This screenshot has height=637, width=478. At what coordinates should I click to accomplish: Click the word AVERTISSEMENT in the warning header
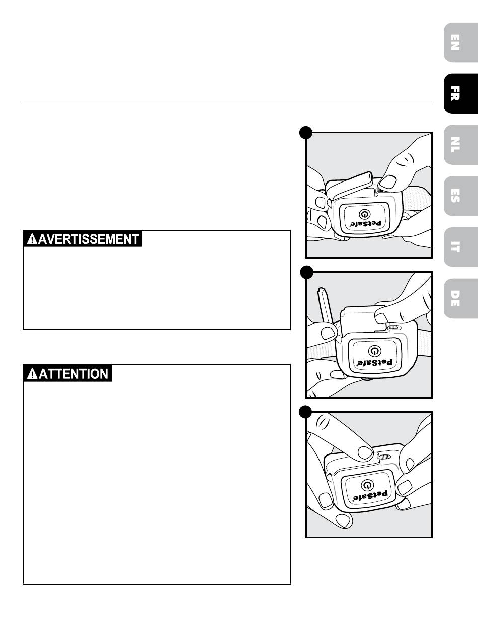89,239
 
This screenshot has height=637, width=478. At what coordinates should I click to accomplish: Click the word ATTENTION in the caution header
73,374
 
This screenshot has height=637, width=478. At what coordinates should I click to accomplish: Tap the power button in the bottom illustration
368,484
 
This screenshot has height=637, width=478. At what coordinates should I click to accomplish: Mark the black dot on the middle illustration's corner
305,272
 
